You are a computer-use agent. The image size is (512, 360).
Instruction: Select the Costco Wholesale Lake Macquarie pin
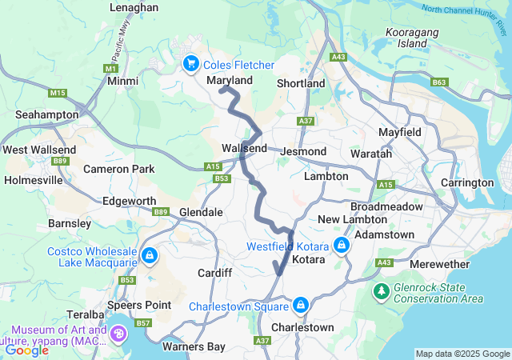[149, 256]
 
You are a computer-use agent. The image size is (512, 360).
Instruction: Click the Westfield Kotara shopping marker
[341, 245]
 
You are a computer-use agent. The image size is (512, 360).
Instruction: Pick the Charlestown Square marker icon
[300, 306]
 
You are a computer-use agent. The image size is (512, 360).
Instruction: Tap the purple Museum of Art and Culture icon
[118, 334]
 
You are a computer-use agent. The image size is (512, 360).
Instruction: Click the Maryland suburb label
[230, 81]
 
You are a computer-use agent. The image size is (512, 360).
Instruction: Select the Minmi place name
[122, 82]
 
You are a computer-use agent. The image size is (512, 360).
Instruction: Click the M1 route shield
[110, 69]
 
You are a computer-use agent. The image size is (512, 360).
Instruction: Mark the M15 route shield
[57, 94]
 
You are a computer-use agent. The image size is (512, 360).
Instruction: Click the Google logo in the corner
[27, 350]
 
